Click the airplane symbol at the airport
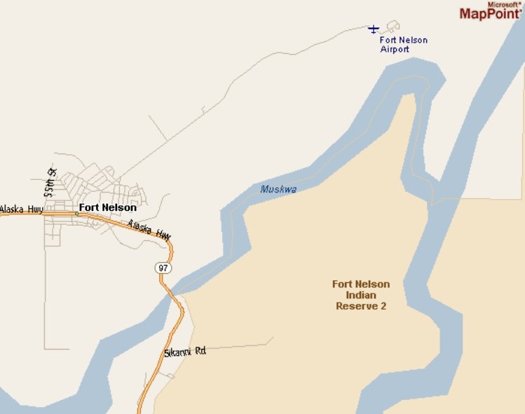374,29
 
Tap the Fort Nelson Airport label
403,45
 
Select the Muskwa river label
278,189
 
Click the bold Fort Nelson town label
107,207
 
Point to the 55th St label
50,181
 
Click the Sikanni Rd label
184,351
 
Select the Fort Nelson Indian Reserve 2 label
361,295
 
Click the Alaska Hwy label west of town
22,209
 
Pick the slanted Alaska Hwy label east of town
149,229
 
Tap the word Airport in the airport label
395,50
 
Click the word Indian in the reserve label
361,295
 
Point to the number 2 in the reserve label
383,306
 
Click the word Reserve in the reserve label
357,306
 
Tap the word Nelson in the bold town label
120,207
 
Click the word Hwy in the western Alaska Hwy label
35,209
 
